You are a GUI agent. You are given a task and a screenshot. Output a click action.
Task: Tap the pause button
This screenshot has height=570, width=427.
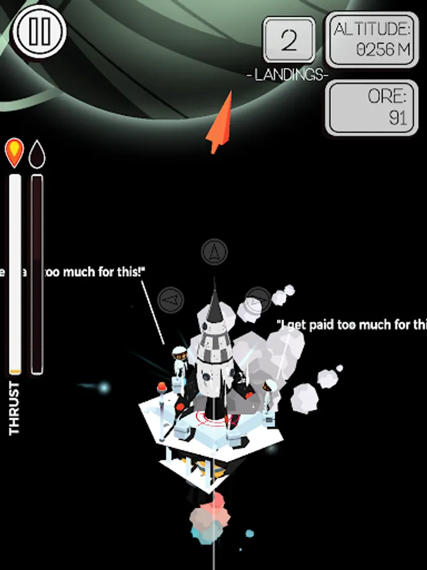[x=40, y=33]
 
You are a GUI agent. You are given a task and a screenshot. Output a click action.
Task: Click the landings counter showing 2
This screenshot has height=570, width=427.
[x=288, y=42]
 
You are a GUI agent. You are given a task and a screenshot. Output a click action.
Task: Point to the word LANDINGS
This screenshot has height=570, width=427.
[x=288, y=75]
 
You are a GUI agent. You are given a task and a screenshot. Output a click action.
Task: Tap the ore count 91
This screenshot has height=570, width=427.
[x=397, y=118]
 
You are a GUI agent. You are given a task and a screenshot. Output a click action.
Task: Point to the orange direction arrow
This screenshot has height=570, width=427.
[x=220, y=122]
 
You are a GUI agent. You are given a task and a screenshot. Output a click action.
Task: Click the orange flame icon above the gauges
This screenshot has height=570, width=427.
[x=14, y=152]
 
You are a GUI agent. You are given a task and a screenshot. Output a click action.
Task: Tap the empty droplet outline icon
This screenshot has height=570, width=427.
[x=37, y=152]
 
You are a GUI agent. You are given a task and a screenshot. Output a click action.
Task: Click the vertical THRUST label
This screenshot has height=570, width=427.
[x=14, y=408]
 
